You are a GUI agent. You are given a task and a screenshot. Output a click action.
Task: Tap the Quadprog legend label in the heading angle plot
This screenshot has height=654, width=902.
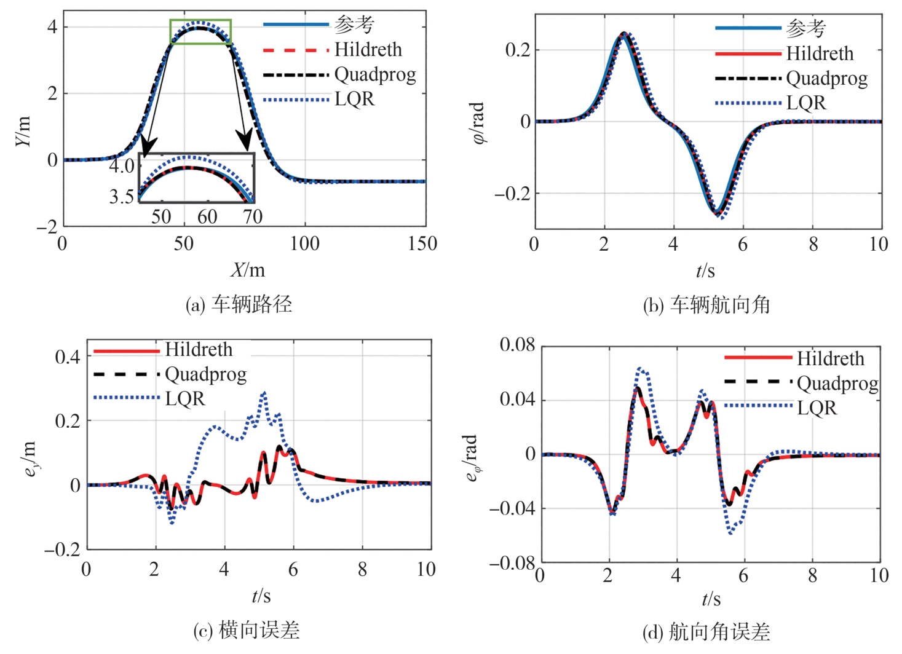coord(826,79)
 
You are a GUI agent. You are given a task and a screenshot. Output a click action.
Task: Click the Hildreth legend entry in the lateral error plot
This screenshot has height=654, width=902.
coord(199,350)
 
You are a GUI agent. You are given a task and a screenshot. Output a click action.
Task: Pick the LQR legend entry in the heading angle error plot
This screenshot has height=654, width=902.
coord(817,408)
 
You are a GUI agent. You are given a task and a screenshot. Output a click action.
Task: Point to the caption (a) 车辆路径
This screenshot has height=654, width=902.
coord(239,304)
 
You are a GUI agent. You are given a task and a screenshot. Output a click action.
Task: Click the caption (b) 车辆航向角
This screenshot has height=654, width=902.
coord(706,305)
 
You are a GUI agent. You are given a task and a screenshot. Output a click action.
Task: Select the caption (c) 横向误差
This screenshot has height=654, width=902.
coord(246,630)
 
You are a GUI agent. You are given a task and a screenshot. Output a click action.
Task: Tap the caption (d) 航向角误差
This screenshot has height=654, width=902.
coord(706,631)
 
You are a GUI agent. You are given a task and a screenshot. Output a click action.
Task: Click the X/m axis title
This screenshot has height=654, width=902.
coord(247,270)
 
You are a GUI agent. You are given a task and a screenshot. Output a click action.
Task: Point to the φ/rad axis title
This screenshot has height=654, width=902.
coord(478,123)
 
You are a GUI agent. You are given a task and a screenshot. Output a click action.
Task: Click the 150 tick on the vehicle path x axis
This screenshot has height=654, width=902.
coord(422,244)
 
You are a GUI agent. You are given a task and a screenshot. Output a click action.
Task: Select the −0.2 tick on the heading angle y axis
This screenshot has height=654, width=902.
coord(511,194)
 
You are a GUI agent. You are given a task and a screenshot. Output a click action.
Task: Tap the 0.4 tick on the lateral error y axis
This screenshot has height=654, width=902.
coord(68,357)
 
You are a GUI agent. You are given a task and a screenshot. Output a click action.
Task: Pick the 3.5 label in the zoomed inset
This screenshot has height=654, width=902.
coord(122,197)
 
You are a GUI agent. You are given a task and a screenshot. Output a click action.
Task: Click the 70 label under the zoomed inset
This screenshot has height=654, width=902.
coord(252,216)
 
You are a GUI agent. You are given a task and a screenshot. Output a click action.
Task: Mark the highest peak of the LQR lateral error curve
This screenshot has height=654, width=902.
coord(264,392)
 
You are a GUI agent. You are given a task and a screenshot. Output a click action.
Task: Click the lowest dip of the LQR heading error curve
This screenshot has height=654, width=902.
coord(730,533)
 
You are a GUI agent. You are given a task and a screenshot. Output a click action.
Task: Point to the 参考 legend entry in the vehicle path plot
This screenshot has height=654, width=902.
coord(354,25)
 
